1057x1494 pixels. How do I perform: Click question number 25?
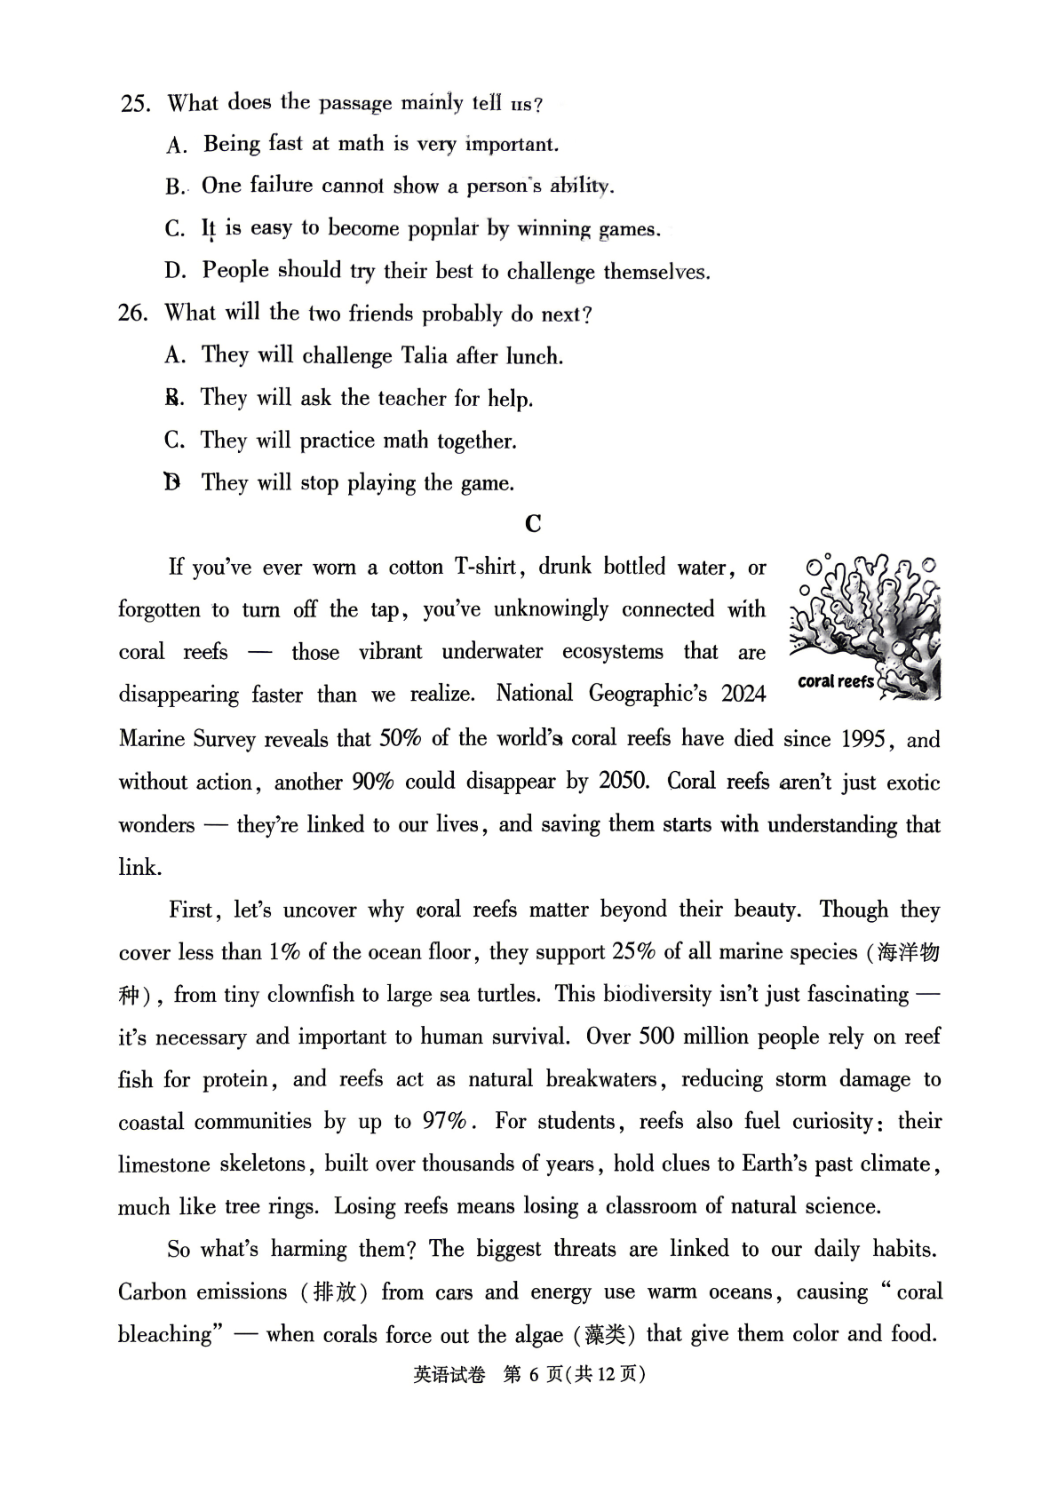tap(135, 104)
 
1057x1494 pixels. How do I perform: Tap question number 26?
tap(132, 314)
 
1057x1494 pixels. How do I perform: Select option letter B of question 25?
tap(174, 187)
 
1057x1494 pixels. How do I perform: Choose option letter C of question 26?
tap(174, 441)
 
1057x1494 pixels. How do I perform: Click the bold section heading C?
tap(533, 524)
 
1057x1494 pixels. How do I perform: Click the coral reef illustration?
tap(866, 626)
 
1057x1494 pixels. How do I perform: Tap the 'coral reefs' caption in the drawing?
tap(835, 682)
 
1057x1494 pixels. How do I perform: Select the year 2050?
tap(624, 781)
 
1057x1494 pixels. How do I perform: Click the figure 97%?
tap(444, 1121)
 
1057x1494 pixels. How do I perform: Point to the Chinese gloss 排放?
tap(335, 1292)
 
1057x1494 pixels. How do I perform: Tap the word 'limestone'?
tap(163, 1164)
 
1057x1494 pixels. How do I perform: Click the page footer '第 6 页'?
tap(533, 1374)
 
